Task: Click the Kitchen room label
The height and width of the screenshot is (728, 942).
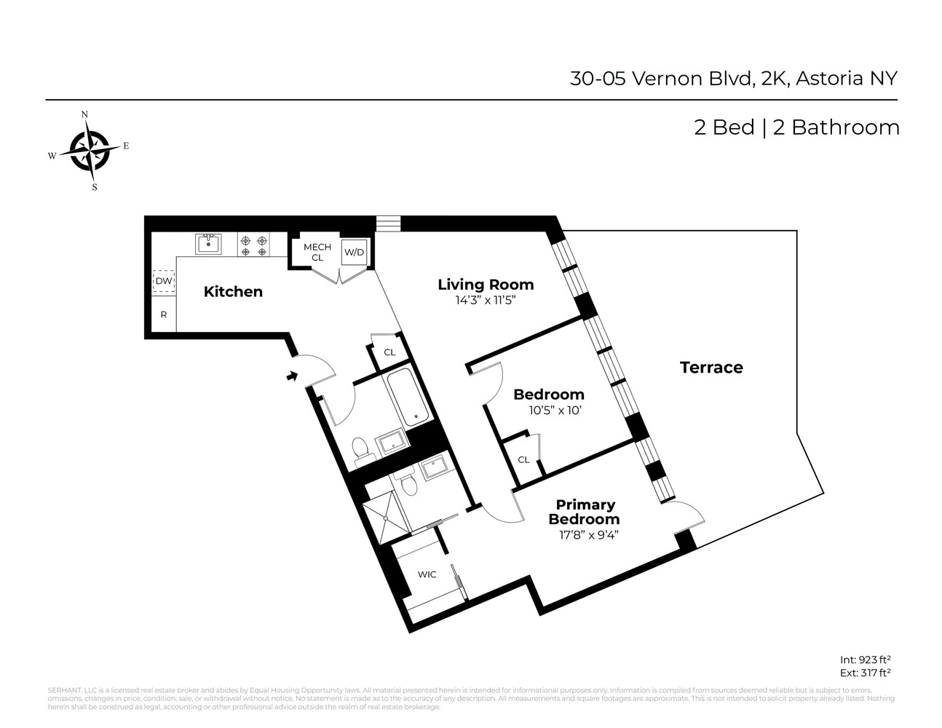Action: [x=233, y=292]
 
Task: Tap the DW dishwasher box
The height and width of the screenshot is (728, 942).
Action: [x=164, y=281]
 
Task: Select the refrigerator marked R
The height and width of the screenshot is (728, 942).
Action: [x=164, y=315]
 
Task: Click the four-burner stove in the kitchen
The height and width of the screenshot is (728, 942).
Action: [x=253, y=245]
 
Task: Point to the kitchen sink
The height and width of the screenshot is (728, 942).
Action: [x=208, y=243]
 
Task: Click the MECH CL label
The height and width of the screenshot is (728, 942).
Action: [x=317, y=252]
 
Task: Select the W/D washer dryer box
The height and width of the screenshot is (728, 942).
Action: [x=354, y=253]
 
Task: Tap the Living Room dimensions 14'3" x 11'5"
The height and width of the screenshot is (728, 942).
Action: [x=485, y=299]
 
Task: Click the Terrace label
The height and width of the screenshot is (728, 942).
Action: [x=711, y=368]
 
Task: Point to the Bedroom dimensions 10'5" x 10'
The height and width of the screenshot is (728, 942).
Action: [x=556, y=410]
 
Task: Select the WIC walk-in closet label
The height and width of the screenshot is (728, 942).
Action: [x=427, y=574]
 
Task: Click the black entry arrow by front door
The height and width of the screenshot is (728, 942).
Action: [x=292, y=376]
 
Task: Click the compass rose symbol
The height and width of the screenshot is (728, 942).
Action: [x=90, y=151]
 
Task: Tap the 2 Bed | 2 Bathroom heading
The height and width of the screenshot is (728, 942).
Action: [x=796, y=127]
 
